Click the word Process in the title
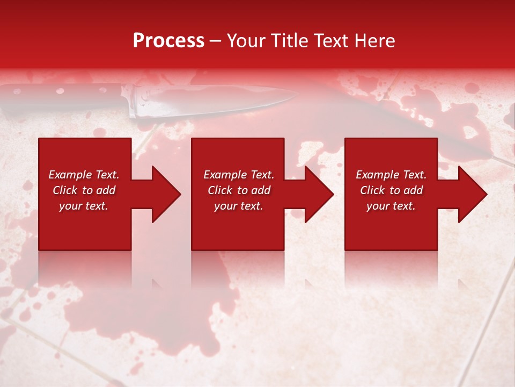point(168,41)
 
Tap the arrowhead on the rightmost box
point(472,194)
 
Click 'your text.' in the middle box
point(238,206)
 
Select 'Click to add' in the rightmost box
point(391,190)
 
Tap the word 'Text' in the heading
point(329,41)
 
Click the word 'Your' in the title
point(246,41)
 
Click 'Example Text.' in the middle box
point(239,175)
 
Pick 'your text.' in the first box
point(84,206)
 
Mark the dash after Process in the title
point(216,41)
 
